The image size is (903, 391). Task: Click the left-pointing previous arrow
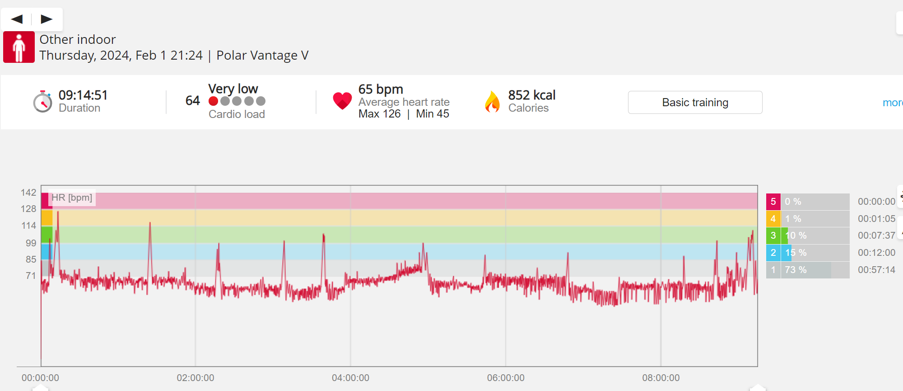coord(17,19)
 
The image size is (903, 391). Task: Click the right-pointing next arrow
coord(47,19)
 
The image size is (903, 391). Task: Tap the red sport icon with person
coord(19,47)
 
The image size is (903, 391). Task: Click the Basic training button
coord(695,103)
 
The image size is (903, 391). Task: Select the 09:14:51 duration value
coord(83,95)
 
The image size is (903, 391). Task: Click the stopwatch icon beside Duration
coord(42,102)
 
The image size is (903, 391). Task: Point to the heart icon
coord(342,100)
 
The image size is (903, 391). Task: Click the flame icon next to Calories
coord(492,102)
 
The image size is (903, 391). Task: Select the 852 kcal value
coord(531,95)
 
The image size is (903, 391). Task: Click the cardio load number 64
coord(192,100)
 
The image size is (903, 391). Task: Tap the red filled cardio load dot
coord(214,101)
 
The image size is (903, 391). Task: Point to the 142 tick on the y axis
coord(28,193)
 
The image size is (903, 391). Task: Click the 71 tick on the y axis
coord(31,276)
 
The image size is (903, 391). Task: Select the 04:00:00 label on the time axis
coord(350,378)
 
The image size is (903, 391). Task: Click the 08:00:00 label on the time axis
coord(661,378)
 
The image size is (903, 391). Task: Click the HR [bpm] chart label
coord(72,198)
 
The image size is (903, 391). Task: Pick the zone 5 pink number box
coord(773,202)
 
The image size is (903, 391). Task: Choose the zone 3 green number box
coord(773,236)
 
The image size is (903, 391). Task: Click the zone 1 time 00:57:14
coord(876,270)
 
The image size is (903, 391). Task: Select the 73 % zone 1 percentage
coord(796,270)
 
